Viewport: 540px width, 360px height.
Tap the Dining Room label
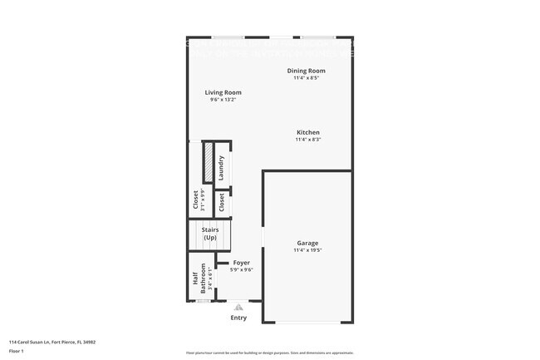[x=306, y=71]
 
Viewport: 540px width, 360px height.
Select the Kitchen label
[x=307, y=132]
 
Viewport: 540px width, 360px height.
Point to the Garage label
[x=307, y=243]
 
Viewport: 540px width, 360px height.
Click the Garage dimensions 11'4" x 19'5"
[x=307, y=250]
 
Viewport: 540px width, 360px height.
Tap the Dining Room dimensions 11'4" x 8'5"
[x=306, y=78]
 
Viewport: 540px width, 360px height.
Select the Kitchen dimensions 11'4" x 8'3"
[x=307, y=140]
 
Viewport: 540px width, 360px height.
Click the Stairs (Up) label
[x=209, y=234]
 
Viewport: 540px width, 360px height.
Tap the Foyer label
[x=241, y=263]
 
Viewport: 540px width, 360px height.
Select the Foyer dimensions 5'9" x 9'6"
[x=241, y=269]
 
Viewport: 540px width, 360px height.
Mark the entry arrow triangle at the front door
[x=238, y=306]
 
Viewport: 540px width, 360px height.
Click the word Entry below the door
[x=238, y=317]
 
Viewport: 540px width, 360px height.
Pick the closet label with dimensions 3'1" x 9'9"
[x=196, y=200]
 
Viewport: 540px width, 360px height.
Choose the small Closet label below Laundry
[x=222, y=202]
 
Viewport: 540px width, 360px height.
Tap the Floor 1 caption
[x=17, y=351]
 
